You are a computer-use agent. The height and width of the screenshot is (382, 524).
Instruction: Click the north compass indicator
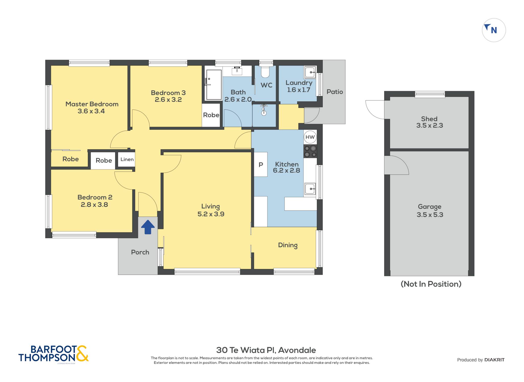(494, 30)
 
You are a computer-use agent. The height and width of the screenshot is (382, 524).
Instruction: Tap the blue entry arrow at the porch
(148, 227)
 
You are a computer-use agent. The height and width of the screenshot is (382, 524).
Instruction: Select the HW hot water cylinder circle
(310, 137)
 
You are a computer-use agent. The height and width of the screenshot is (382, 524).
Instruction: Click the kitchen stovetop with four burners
(310, 151)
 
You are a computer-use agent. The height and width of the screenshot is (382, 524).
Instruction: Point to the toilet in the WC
(265, 72)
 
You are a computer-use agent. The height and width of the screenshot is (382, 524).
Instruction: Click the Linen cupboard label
(127, 159)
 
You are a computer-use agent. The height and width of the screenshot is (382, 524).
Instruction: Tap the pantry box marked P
(261, 164)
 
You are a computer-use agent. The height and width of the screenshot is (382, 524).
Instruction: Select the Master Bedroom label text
(92, 104)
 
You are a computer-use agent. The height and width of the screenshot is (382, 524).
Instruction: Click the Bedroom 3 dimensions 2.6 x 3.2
(168, 99)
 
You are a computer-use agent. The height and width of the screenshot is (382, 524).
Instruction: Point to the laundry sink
(310, 72)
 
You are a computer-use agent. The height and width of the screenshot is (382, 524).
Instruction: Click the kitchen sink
(310, 189)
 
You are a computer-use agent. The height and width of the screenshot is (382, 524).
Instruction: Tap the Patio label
(335, 92)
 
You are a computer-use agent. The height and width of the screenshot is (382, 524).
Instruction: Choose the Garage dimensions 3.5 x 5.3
(430, 215)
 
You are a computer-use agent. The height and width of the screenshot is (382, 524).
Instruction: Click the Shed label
(429, 119)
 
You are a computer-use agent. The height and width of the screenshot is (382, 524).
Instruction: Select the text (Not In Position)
(431, 284)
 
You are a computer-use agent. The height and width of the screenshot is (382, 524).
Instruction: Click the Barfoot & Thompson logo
(53, 354)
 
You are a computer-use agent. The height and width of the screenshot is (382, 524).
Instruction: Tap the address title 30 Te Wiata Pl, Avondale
(266, 350)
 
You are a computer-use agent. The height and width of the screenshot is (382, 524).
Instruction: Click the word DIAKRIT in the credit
(495, 360)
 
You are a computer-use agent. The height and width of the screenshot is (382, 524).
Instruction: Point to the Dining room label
(288, 245)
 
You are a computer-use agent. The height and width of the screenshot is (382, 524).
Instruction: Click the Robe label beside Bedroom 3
(211, 115)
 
